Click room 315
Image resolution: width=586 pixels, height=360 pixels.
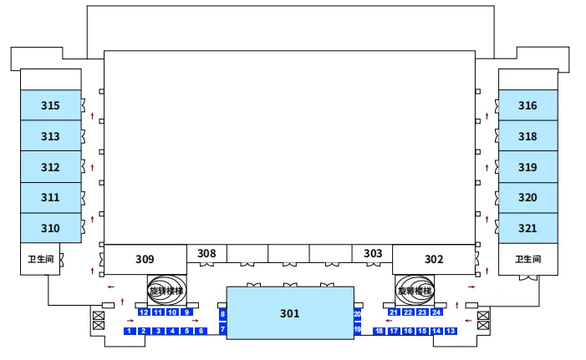50,105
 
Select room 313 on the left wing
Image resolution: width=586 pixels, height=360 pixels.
50,136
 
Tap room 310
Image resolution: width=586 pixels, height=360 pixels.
50,228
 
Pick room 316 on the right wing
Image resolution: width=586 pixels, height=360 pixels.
527,105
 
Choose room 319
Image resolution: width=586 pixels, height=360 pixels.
527,167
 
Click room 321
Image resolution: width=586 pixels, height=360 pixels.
527,228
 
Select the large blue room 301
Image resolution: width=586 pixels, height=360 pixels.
289,313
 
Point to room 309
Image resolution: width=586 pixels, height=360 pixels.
145,259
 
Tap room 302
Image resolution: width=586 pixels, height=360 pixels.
434,259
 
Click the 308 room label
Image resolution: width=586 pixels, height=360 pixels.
206,253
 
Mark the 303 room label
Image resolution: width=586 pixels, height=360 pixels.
373,253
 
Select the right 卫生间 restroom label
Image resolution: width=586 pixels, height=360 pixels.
527,259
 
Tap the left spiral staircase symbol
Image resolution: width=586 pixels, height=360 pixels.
165,291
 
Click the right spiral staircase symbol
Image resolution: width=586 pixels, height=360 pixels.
415,291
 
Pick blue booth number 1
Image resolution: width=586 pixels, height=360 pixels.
130,332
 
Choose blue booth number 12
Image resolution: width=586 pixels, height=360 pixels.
144,312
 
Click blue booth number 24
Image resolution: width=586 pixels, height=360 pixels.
436,312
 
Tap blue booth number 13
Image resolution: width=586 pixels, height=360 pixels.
451,332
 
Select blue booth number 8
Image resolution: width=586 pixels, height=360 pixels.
222,314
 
